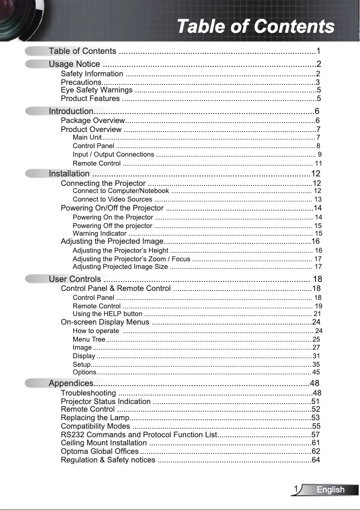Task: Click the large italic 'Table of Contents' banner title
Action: click(x=255, y=26)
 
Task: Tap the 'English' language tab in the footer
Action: click(x=330, y=490)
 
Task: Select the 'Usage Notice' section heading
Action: click(x=75, y=64)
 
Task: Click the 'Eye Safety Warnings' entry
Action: click(x=97, y=90)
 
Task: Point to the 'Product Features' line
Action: click(x=90, y=98)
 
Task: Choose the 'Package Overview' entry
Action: click(x=92, y=120)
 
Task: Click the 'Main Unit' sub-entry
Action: click(x=87, y=137)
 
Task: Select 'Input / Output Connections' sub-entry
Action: click(x=113, y=154)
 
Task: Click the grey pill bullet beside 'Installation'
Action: click(x=36, y=173)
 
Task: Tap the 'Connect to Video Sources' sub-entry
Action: click(x=112, y=199)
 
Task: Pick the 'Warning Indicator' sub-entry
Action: click(x=99, y=233)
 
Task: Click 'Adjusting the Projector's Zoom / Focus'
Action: click(x=131, y=259)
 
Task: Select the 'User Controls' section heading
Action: click(x=75, y=279)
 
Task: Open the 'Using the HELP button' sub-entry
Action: click(x=107, y=314)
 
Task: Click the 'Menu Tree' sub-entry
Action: click(x=89, y=339)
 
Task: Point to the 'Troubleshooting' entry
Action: click(x=88, y=393)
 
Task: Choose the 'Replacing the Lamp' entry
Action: click(x=95, y=418)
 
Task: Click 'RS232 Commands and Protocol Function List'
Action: click(x=139, y=435)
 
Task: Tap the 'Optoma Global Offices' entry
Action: click(x=100, y=451)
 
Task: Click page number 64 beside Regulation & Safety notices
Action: click(x=316, y=460)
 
